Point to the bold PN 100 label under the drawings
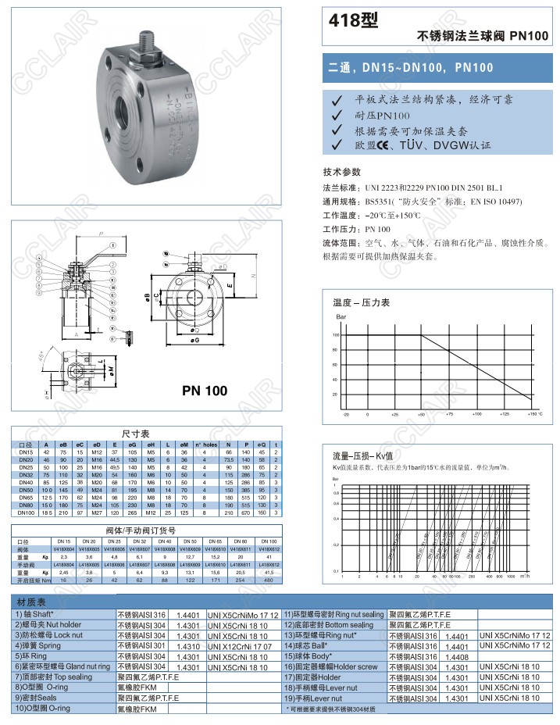[x=205, y=390]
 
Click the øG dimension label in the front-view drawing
[x=194, y=341]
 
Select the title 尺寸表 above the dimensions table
[x=135, y=433]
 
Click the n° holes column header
[x=205, y=444]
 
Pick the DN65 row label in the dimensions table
[x=25, y=496]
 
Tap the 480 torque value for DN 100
[x=268, y=580]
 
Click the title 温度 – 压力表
[x=361, y=302]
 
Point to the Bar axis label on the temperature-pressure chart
[x=341, y=318]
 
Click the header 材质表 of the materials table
[x=31, y=602]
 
